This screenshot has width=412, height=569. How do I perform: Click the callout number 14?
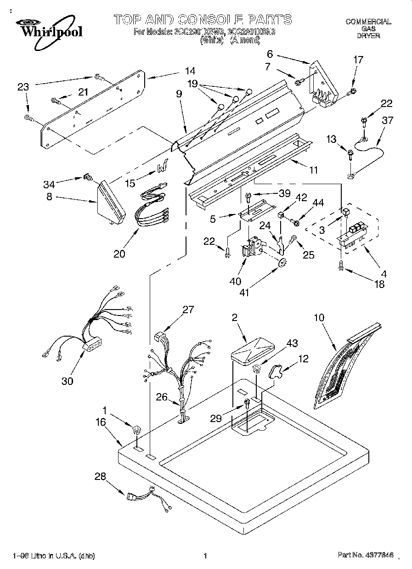(190, 71)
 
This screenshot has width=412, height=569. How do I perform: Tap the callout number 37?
(387, 120)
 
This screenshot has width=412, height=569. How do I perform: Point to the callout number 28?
(100, 477)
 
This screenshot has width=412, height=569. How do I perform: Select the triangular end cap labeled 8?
(111, 203)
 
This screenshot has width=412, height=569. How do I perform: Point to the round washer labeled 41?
(283, 263)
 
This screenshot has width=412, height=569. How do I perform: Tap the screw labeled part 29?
(247, 404)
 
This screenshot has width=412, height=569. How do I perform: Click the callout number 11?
(313, 170)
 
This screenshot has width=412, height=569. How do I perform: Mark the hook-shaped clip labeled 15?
(161, 168)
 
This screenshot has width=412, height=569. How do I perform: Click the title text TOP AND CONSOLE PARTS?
(202, 20)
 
